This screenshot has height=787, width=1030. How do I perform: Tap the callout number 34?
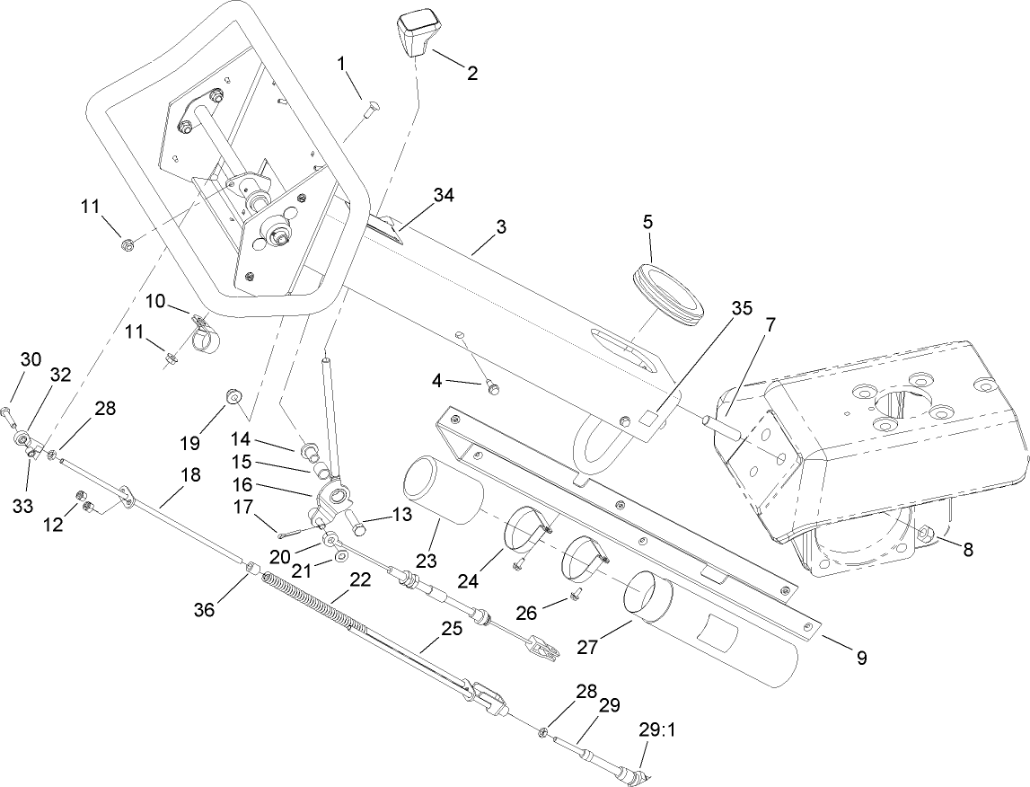pyautogui.click(x=444, y=195)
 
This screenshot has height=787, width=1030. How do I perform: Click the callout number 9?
pyautogui.click(x=860, y=659)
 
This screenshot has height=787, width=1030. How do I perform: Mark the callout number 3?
pyautogui.click(x=500, y=227)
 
